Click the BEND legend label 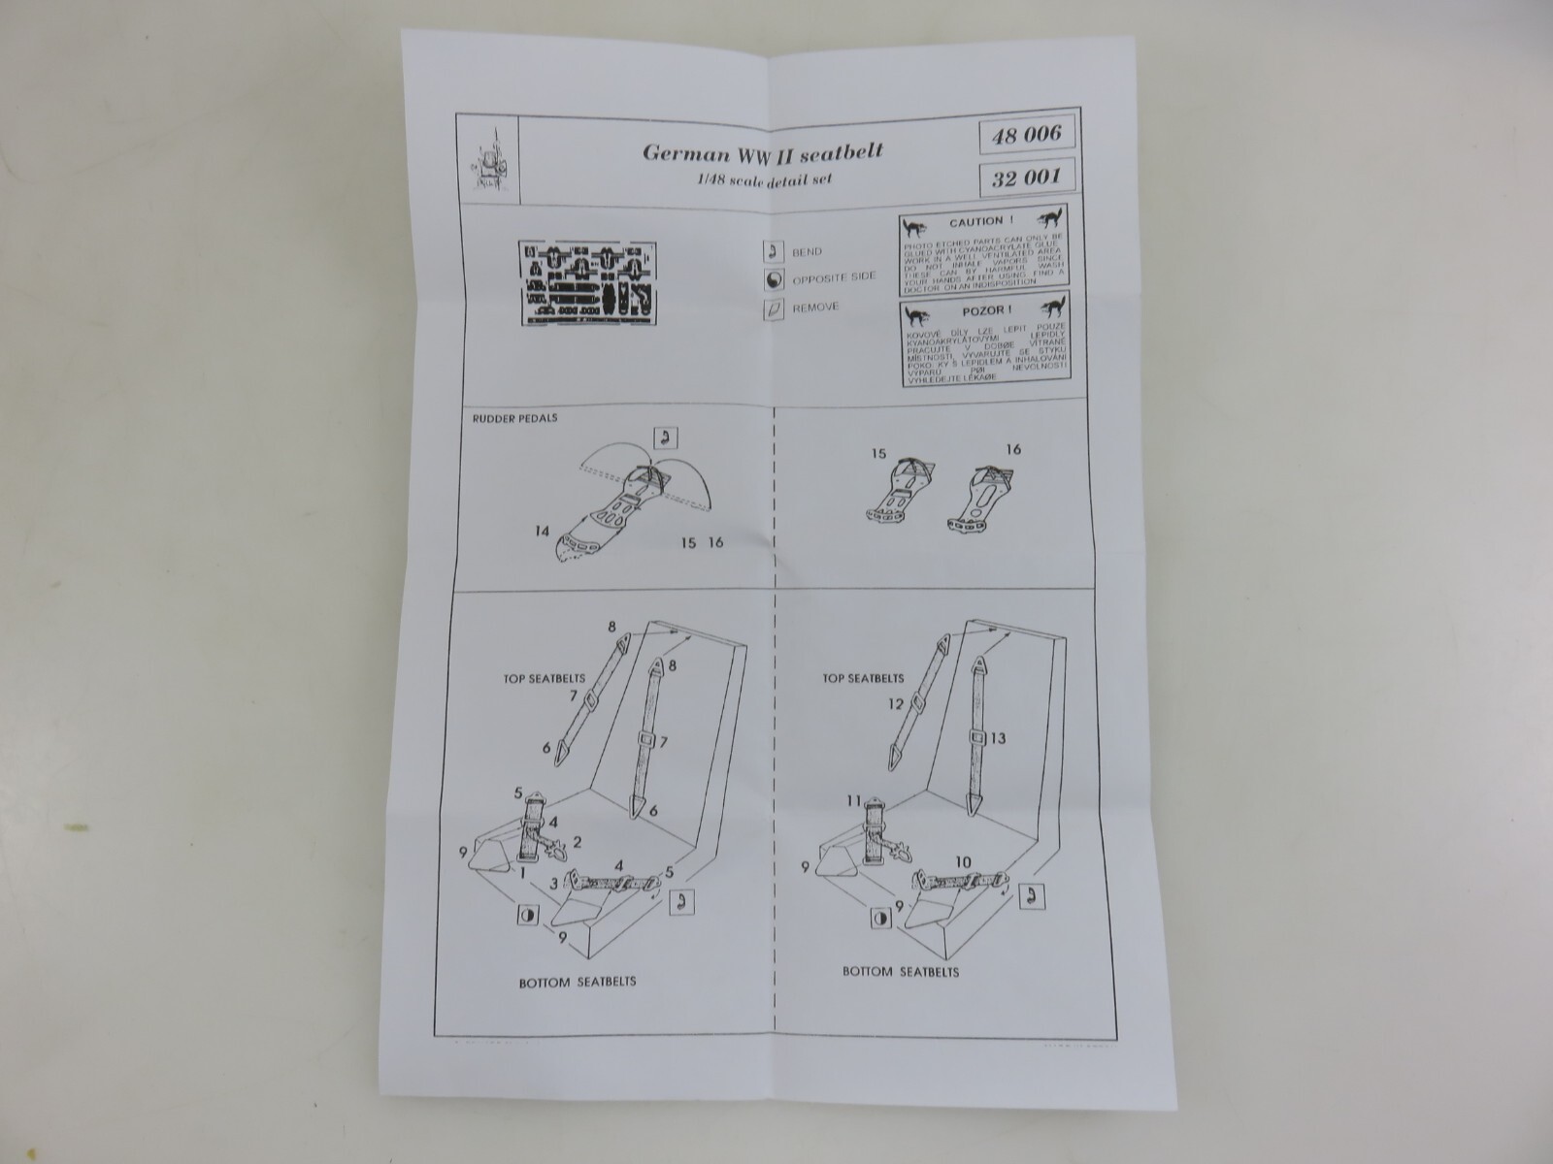pos(807,251)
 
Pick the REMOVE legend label pos(815,307)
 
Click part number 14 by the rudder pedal pos(541,531)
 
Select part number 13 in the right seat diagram pos(997,738)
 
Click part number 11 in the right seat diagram pos(852,801)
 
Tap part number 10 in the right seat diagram pos(964,860)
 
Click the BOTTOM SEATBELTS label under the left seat pos(578,981)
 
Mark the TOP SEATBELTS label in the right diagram pos(863,678)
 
